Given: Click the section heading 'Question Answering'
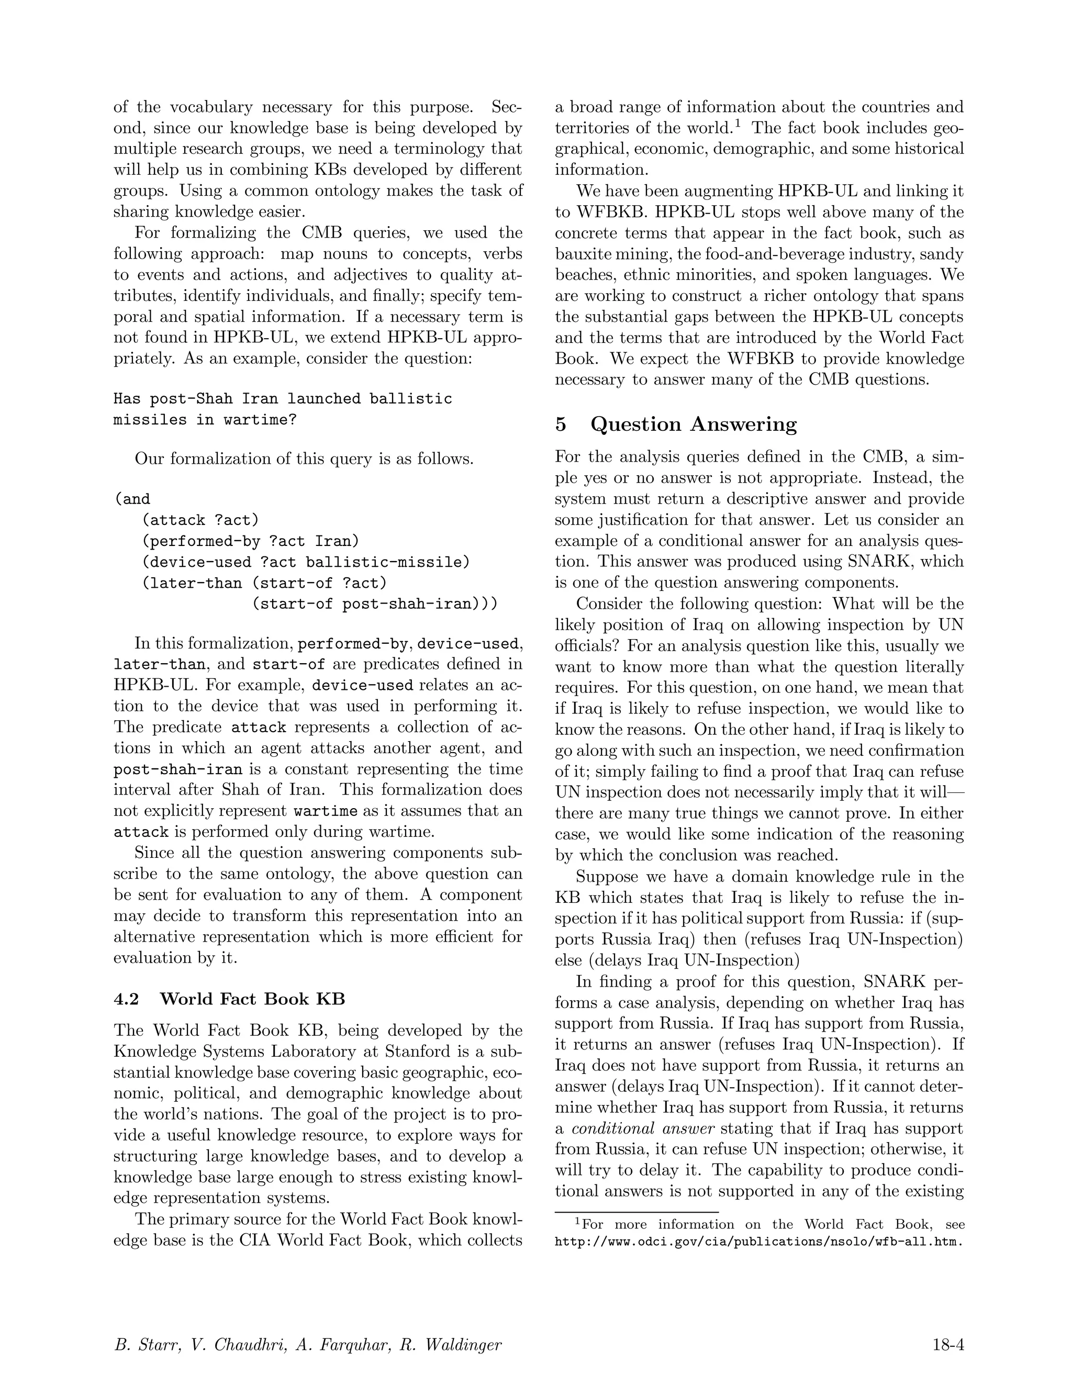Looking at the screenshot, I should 693,424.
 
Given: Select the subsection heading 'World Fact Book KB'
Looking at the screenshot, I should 252,999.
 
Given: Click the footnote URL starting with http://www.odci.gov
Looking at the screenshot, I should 759,1241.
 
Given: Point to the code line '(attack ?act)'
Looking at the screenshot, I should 200,520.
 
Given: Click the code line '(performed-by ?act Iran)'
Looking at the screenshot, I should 250,541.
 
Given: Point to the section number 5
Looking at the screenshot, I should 561,424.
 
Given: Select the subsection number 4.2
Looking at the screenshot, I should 126,999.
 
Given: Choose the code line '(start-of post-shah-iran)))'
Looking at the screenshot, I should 374,604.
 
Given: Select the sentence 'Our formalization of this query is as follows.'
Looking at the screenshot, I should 304,458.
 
